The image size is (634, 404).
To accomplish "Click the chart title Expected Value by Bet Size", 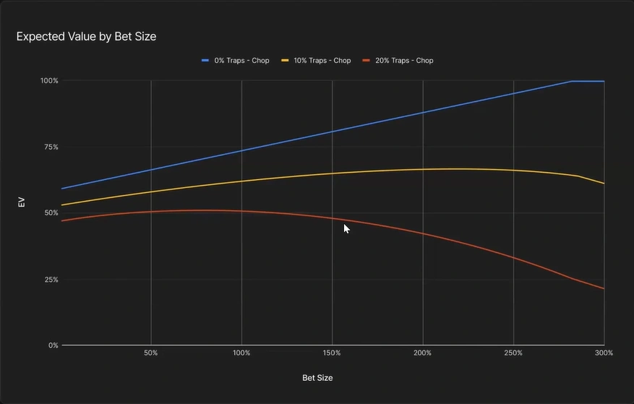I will (x=86, y=36).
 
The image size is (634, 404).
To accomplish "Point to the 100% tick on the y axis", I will (x=49, y=80).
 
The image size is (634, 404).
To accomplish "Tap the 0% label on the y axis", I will (x=53, y=345).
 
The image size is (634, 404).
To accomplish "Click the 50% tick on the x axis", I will (x=150, y=353).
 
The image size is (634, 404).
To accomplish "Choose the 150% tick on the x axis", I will (x=332, y=353).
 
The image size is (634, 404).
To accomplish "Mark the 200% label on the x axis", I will (x=422, y=353).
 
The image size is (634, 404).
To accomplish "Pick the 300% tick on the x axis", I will (x=603, y=353).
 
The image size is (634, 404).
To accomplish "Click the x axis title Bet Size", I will (x=317, y=378).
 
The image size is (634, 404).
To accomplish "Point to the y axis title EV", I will (x=22, y=203).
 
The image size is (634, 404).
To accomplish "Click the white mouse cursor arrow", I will (x=346, y=228).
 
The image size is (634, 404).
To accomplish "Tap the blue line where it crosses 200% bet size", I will (x=422, y=112).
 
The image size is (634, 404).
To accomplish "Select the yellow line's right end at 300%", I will (x=604, y=184).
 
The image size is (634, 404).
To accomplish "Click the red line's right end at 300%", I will (x=604, y=288).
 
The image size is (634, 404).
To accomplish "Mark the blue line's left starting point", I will (x=62, y=189).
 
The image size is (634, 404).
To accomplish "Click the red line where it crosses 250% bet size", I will (x=513, y=257).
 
